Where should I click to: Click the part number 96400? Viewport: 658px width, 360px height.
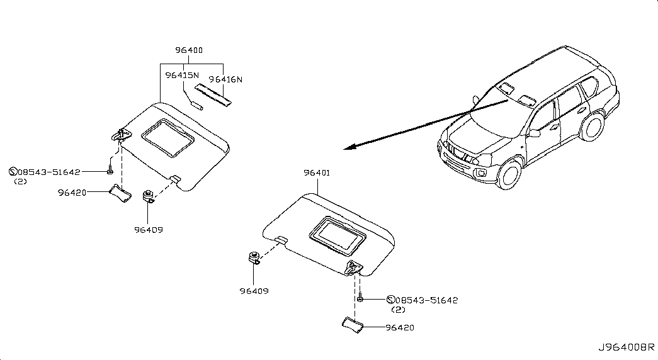click(x=189, y=50)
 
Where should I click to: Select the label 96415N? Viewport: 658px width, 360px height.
click(x=182, y=76)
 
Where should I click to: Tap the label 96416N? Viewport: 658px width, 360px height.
click(x=226, y=79)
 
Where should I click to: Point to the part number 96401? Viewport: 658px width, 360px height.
click(x=317, y=173)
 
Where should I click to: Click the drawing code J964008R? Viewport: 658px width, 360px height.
click(x=626, y=347)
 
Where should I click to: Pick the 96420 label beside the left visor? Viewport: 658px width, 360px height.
click(x=72, y=193)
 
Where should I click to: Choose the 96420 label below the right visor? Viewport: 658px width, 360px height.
click(x=400, y=327)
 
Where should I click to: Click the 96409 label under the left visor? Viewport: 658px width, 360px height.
click(x=149, y=230)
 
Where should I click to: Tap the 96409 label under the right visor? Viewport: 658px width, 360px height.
click(x=254, y=291)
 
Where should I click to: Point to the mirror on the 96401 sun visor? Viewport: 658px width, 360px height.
click(x=338, y=236)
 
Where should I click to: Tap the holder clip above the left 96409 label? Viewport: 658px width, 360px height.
click(x=149, y=196)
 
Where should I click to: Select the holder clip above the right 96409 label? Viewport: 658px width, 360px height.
click(x=254, y=257)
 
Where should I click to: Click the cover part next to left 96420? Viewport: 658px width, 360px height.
click(x=120, y=194)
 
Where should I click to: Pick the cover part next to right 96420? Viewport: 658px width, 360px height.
click(x=353, y=325)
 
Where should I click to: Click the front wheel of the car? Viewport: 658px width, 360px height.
click(x=510, y=174)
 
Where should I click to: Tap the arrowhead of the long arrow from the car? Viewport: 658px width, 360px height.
click(x=349, y=147)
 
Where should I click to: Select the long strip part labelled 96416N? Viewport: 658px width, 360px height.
click(x=213, y=95)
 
